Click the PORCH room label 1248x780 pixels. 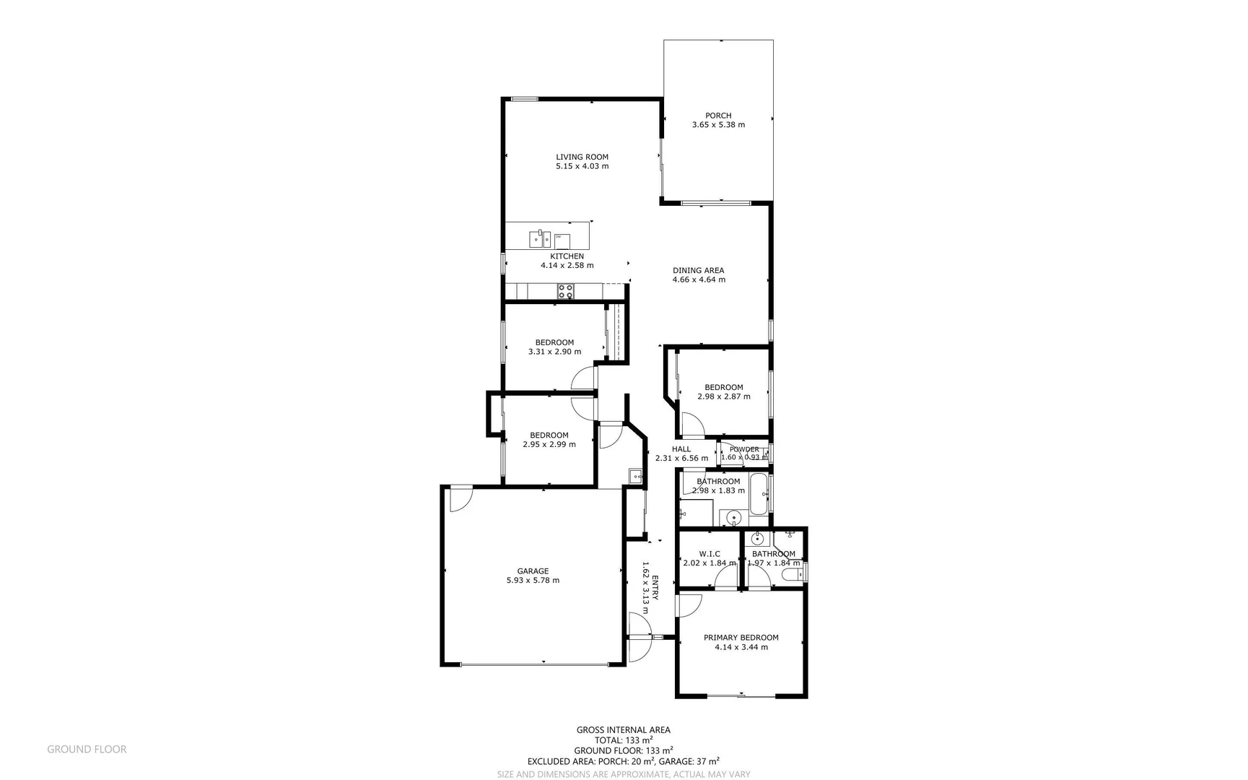click(718, 116)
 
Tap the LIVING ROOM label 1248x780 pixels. click(582, 157)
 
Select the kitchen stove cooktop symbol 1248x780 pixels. click(565, 291)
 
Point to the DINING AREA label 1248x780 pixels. click(698, 271)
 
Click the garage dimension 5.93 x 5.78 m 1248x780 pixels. click(533, 580)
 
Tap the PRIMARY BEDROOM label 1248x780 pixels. click(741, 638)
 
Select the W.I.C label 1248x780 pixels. click(710, 554)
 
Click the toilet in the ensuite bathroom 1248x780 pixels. click(792, 574)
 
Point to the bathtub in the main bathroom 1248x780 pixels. click(759, 494)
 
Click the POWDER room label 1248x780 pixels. click(744, 449)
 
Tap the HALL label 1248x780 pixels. click(681, 449)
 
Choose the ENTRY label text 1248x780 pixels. click(655, 588)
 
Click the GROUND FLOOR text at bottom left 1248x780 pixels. click(87, 750)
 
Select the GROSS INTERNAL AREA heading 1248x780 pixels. click(623, 730)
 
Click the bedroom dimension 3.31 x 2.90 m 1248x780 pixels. click(554, 352)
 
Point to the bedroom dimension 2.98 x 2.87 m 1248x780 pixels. click(723, 396)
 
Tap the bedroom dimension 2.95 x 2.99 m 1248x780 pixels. click(549, 444)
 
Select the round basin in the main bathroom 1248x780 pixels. click(733, 517)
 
